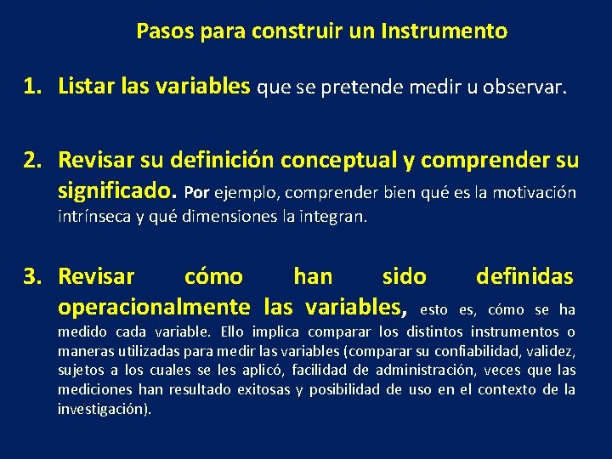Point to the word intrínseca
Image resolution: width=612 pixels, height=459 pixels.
(x=92, y=216)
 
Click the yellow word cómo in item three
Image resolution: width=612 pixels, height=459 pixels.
(x=213, y=276)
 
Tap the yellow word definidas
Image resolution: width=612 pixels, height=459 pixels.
(x=524, y=276)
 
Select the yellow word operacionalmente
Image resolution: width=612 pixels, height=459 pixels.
(x=153, y=306)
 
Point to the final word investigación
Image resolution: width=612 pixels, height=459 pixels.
(x=104, y=409)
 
